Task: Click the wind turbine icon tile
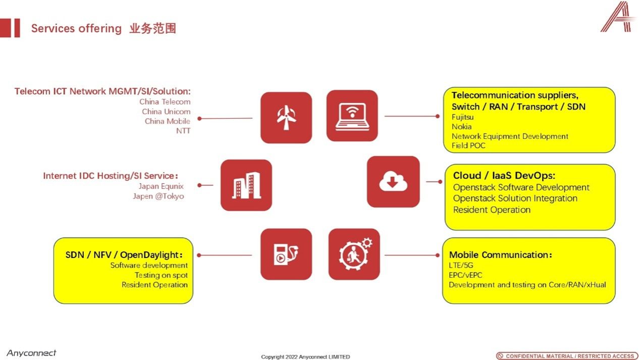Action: tap(286, 118)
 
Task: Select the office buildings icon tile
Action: tap(246, 185)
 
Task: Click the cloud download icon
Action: tap(393, 181)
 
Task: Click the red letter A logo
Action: tap(618, 17)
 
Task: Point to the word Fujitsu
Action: tap(462, 117)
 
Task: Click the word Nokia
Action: tap(461, 127)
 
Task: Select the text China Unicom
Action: tap(166, 112)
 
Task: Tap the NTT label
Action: tap(183, 131)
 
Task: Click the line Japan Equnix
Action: tap(161, 186)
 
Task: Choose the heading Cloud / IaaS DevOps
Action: tap(504, 175)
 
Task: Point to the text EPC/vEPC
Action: tap(465, 275)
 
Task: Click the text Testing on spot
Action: tap(161, 275)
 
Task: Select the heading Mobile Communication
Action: tap(500, 255)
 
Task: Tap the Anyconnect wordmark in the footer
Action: tap(31, 353)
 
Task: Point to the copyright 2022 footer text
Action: tap(305, 357)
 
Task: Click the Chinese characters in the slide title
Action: tap(152, 28)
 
